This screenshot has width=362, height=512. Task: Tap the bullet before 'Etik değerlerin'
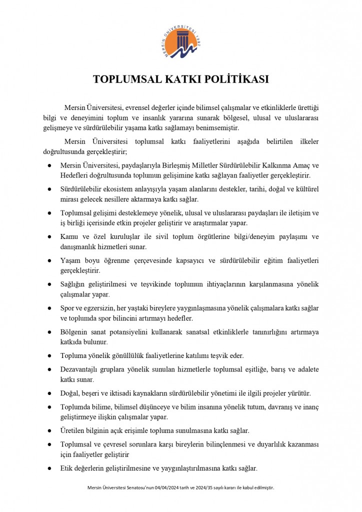coord(49,468)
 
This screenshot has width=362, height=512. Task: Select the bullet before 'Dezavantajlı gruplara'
coord(49,369)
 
